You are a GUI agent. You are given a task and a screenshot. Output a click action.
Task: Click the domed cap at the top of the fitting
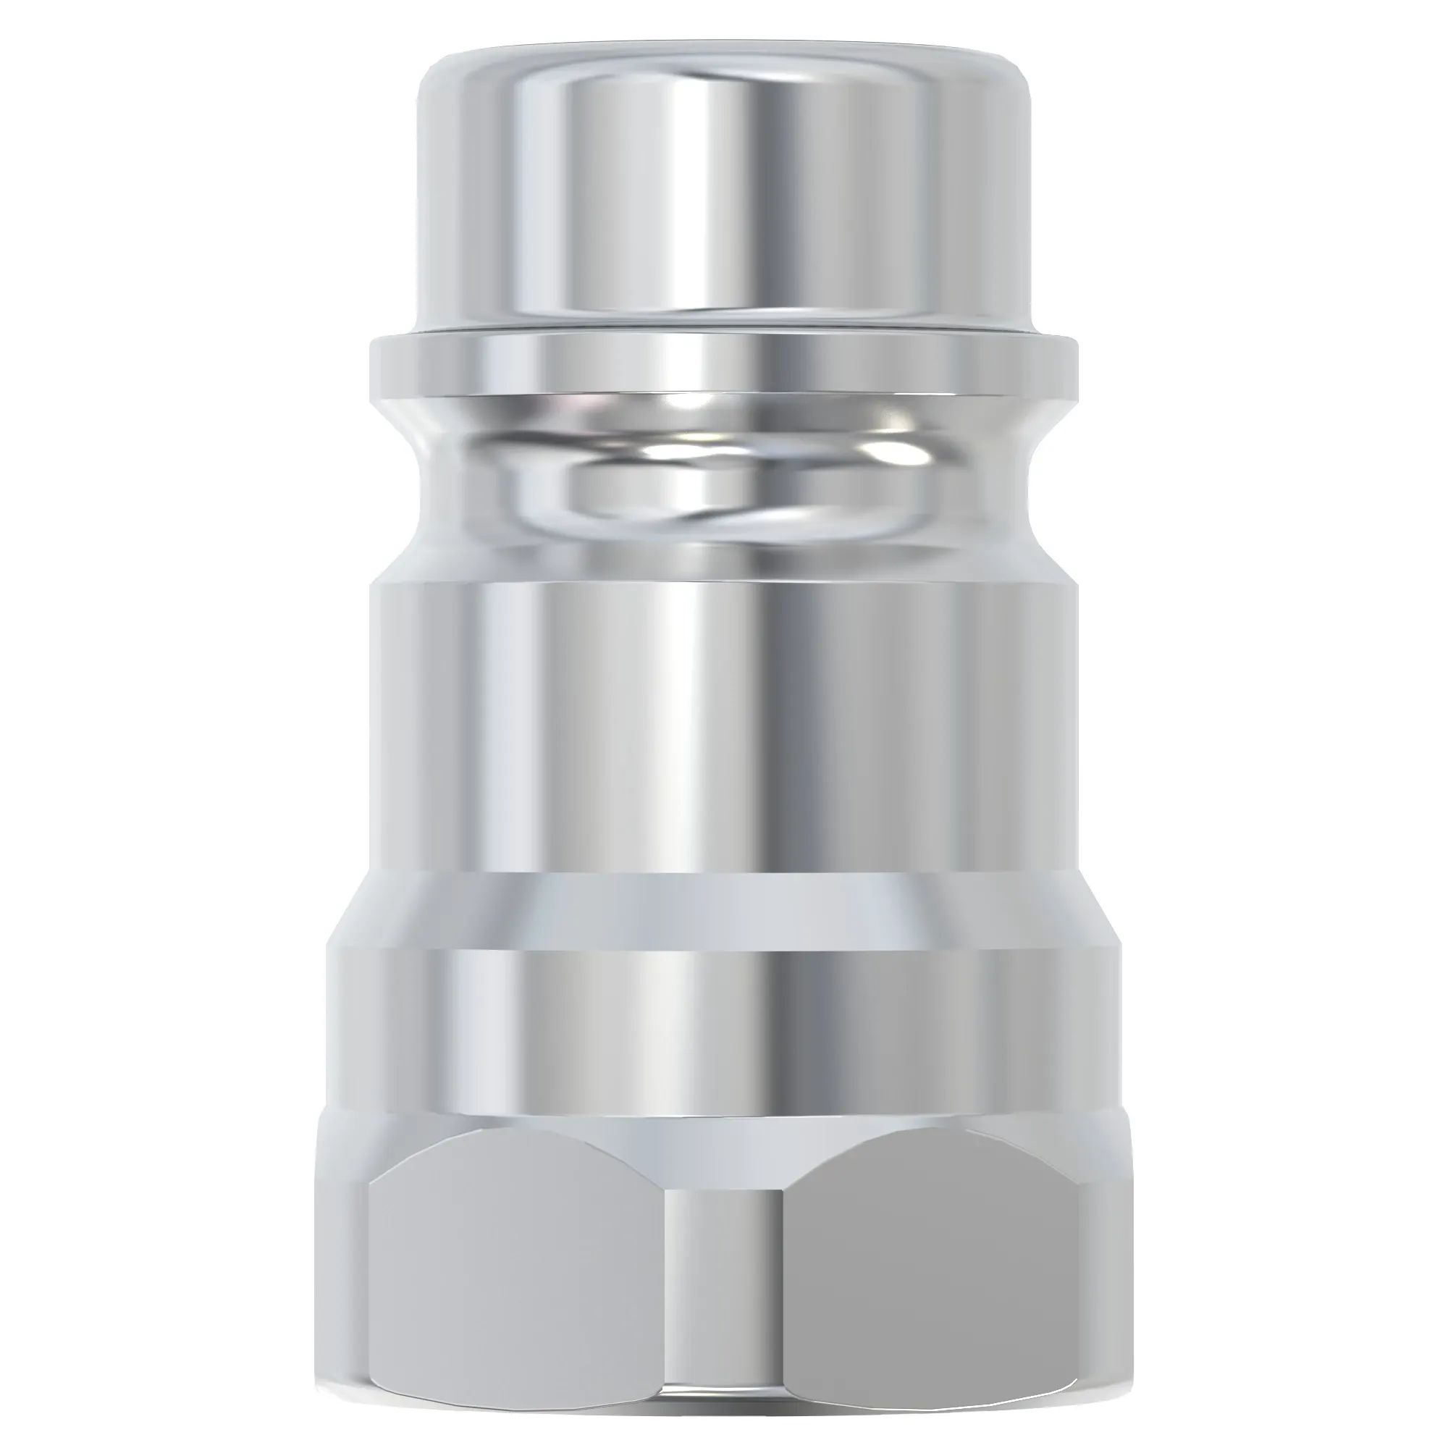(724, 188)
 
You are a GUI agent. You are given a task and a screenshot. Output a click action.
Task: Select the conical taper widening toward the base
(724, 911)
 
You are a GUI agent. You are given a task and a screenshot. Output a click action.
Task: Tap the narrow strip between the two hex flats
(724, 1289)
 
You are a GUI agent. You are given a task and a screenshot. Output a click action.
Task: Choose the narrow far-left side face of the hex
(341, 1274)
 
